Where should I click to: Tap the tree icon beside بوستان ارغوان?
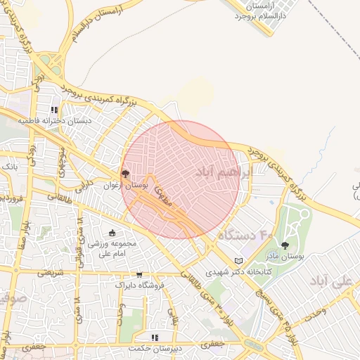tap(125, 173)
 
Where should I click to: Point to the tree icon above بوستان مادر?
tap(285, 245)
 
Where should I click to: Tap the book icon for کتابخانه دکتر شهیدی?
tap(247, 259)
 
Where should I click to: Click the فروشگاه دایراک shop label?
tap(139, 286)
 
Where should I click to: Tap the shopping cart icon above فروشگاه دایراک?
tap(139, 275)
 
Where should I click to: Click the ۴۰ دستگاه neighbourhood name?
tap(245, 234)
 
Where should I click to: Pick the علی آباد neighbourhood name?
tap(343, 281)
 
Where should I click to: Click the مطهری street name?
tap(163, 191)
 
